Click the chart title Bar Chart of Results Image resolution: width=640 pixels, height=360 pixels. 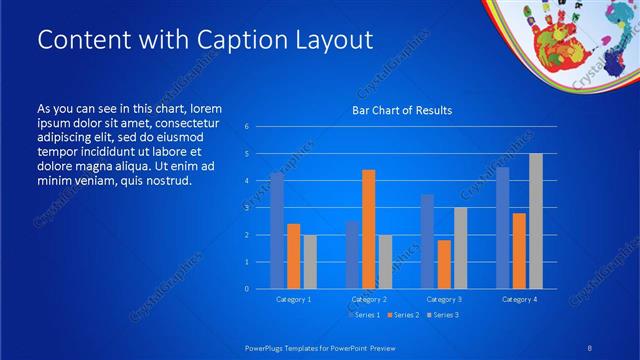tap(401, 110)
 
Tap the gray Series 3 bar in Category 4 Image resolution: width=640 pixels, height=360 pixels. tap(535, 221)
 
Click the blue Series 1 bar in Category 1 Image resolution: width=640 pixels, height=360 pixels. tap(277, 230)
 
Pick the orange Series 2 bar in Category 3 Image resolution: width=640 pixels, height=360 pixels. tap(443, 264)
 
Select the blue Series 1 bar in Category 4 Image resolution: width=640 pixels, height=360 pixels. tap(502, 227)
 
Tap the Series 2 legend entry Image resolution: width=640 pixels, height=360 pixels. tap(402, 315)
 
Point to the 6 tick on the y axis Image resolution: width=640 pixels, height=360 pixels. tap(247, 127)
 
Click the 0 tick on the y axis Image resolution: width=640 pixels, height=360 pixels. tap(247, 288)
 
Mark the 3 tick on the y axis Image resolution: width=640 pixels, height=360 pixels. tap(247, 208)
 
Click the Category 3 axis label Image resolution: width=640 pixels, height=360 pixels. tap(443, 299)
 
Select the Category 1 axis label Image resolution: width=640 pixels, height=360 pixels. tap(293, 299)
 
